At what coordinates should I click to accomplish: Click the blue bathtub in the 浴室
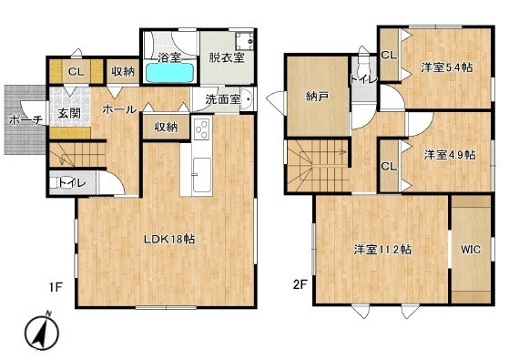(x=169, y=72)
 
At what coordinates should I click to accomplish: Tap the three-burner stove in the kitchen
(x=202, y=129)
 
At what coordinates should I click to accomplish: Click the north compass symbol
(x=42, y=332)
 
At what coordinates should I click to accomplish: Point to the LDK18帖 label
(x=169, y=240)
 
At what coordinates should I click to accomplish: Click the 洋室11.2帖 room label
(x=382, y=250)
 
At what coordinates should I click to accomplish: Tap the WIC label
(x=471, y=250)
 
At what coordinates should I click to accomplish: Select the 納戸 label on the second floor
(x=317, y=97)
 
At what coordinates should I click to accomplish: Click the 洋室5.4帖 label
(x=447, y=67)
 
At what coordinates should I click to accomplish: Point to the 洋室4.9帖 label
(x=450, y=155)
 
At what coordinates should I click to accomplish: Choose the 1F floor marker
(x=56, y=287)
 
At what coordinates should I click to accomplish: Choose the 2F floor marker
(x=300, y=284)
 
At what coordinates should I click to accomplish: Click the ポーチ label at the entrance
(x=25, y=120)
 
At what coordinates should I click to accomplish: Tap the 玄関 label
(x=69, y=113)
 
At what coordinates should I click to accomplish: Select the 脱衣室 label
(x=226, y=57)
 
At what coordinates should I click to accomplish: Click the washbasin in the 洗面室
(x=247, y=98)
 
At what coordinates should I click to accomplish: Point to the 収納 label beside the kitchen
(x=166, y=127)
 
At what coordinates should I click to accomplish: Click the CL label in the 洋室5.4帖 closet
(x=389, y=55)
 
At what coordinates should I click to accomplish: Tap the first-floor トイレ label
(x=72, y=183)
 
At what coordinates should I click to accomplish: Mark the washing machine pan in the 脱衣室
(x=244, y=41)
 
